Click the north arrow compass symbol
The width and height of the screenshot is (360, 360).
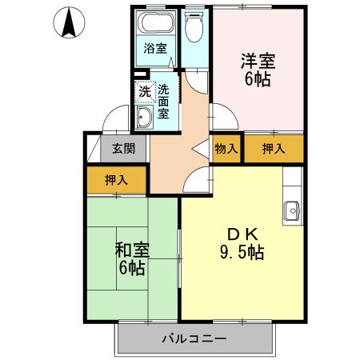(x=70, y=22)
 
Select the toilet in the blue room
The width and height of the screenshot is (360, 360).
(x=192, y=28)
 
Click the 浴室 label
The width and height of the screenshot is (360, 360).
(x=154, y=48)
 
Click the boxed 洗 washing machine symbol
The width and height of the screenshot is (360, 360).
(x=143, y=92)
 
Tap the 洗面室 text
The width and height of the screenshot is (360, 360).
(x=163, y=101)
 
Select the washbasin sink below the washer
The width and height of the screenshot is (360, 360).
(x=145, y=119)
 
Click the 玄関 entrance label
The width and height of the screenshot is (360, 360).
(x=123, y=148)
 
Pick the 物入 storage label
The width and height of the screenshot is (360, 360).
(x=226, y=148)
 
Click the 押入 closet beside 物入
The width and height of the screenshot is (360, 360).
(x=274, y=148)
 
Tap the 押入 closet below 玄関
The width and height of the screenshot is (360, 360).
(x=116, y=181)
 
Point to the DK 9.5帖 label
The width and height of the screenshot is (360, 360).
(x=243, y=243)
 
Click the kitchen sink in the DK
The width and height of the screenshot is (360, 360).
(x=291, y=210)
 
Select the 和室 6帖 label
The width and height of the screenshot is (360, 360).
(x=132, y=258)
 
